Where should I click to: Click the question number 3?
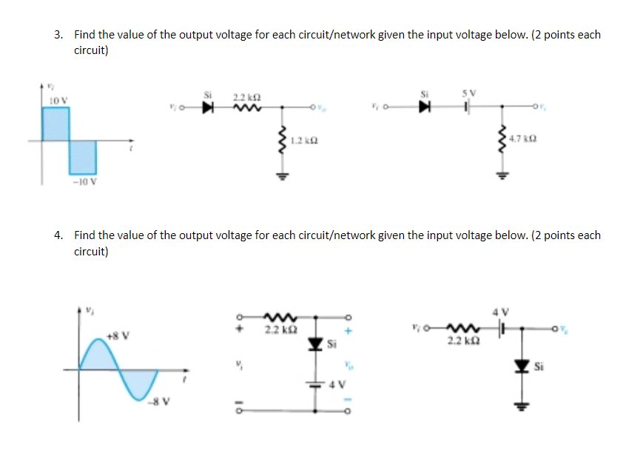pos(58,35)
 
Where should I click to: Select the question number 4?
pos(58,235)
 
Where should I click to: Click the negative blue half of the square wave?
pos(83,156)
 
